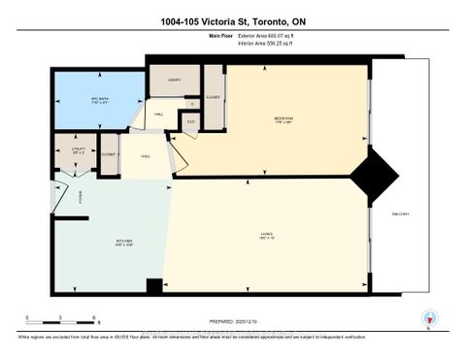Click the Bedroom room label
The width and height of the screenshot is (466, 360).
pyautogui.click(x=283, y=119)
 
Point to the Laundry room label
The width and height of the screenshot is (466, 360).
pyautogui.click(x=174, y=81)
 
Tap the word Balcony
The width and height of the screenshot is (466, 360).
pyautogui.click(x=400, y=213)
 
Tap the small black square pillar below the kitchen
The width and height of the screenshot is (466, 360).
pyautogui.click(x=153, y=287)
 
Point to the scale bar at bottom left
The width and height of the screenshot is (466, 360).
pyautogui.click(x=60, y=321)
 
